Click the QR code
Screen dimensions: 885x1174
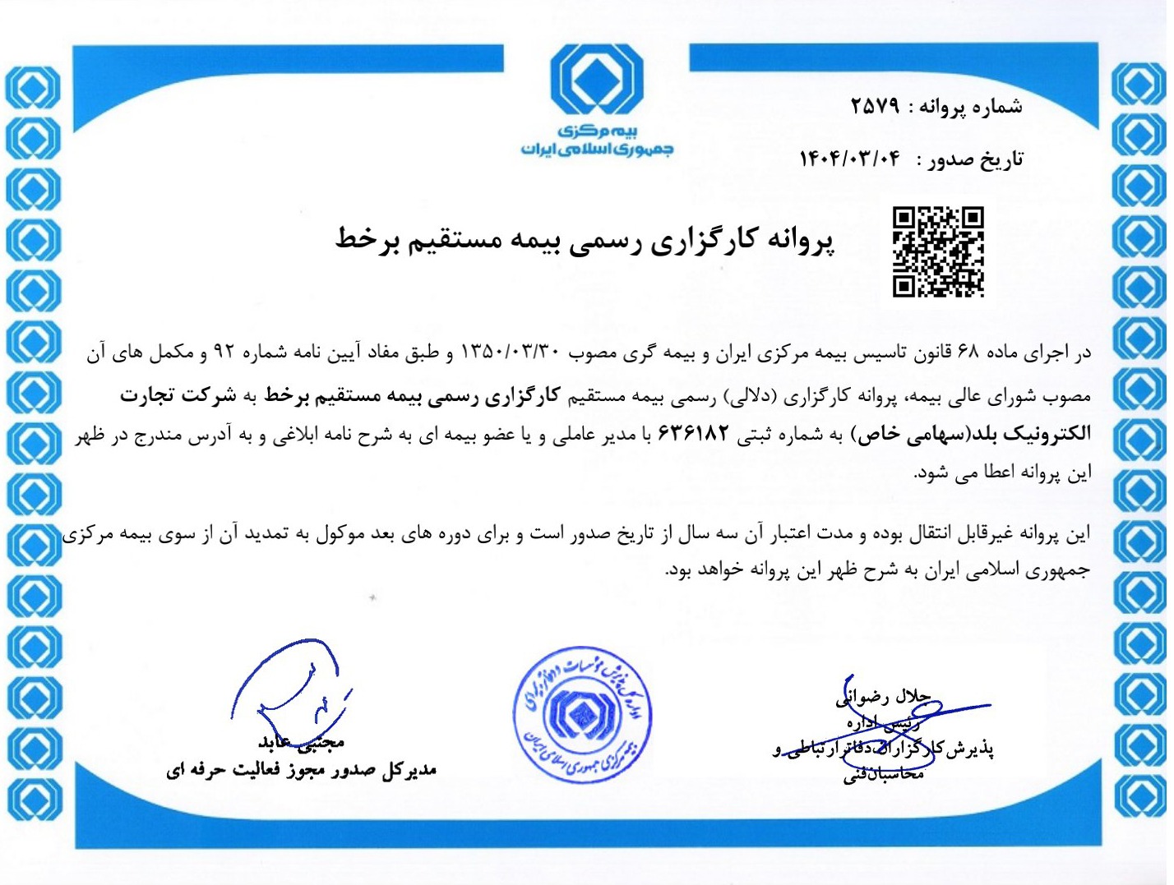point(938,251)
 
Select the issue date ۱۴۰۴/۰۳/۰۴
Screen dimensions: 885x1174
point(850,158)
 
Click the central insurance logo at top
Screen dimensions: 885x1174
point(596,81)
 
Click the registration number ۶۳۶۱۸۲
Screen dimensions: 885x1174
point(693,434)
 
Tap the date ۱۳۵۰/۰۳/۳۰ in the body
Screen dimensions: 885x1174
point(511,353)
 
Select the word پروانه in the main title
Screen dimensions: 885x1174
point(801,240)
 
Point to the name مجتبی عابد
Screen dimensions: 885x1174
point(301,743)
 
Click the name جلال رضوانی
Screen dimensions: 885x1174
point(883,697)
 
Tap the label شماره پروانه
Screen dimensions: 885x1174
point(970,106)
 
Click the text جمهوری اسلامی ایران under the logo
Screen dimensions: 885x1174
point(596,149)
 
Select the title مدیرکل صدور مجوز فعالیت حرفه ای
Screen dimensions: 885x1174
point(301,771)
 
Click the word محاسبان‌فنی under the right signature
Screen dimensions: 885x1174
point(883,774)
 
